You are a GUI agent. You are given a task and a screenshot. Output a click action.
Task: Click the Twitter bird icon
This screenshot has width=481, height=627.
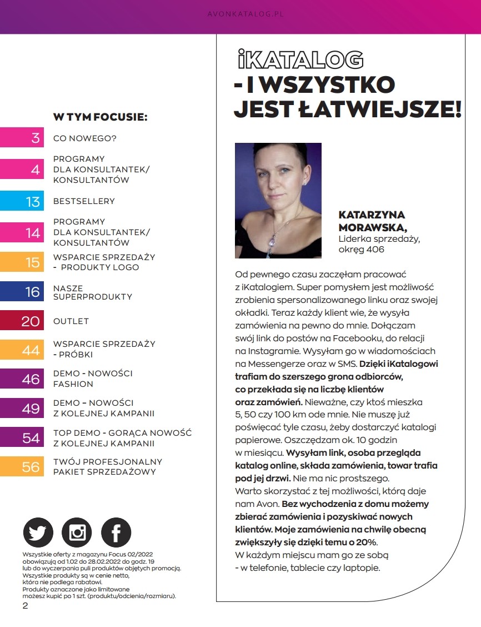pos(38,533)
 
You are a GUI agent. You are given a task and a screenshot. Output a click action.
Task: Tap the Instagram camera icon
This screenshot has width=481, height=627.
pos(77,533)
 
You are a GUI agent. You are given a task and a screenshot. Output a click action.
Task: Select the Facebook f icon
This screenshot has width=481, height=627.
pos(116,533)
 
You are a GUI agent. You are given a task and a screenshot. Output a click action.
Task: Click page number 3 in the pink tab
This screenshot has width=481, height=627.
pos(36,138)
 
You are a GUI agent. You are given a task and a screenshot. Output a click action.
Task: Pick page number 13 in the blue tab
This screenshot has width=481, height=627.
pos(33,201)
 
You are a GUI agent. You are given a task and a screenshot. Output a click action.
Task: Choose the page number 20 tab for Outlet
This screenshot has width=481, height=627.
pos(31,321)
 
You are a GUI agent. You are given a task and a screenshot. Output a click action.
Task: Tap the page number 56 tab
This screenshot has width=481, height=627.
pos(31,467)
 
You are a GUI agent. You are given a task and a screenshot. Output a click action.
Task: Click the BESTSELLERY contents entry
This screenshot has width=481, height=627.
pos(84,201)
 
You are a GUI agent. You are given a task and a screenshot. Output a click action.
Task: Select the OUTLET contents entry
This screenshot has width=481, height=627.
pos(71,321)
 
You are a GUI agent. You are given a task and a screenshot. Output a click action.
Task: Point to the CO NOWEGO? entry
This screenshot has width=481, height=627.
pos(85,138)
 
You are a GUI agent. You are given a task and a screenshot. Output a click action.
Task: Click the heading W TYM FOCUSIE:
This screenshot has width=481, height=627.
pos(100,117)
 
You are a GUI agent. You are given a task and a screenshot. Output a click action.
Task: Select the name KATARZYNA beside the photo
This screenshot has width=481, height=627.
pos(372,215)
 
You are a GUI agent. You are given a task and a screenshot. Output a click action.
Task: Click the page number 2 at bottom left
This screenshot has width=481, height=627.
pos(25,605)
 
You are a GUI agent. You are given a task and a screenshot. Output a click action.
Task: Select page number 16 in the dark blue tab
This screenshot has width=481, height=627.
pos(32,292)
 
